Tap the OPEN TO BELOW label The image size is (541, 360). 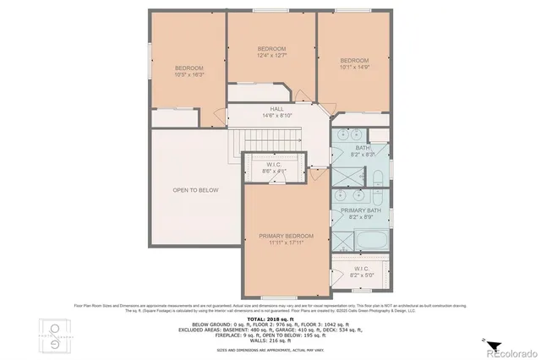click(x=195, y=190)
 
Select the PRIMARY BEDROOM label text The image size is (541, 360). click(x=287, y=236)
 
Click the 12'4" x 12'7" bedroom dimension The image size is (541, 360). click(x=272, y=56)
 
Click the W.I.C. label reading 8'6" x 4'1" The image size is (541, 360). click(x=275, y=168)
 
